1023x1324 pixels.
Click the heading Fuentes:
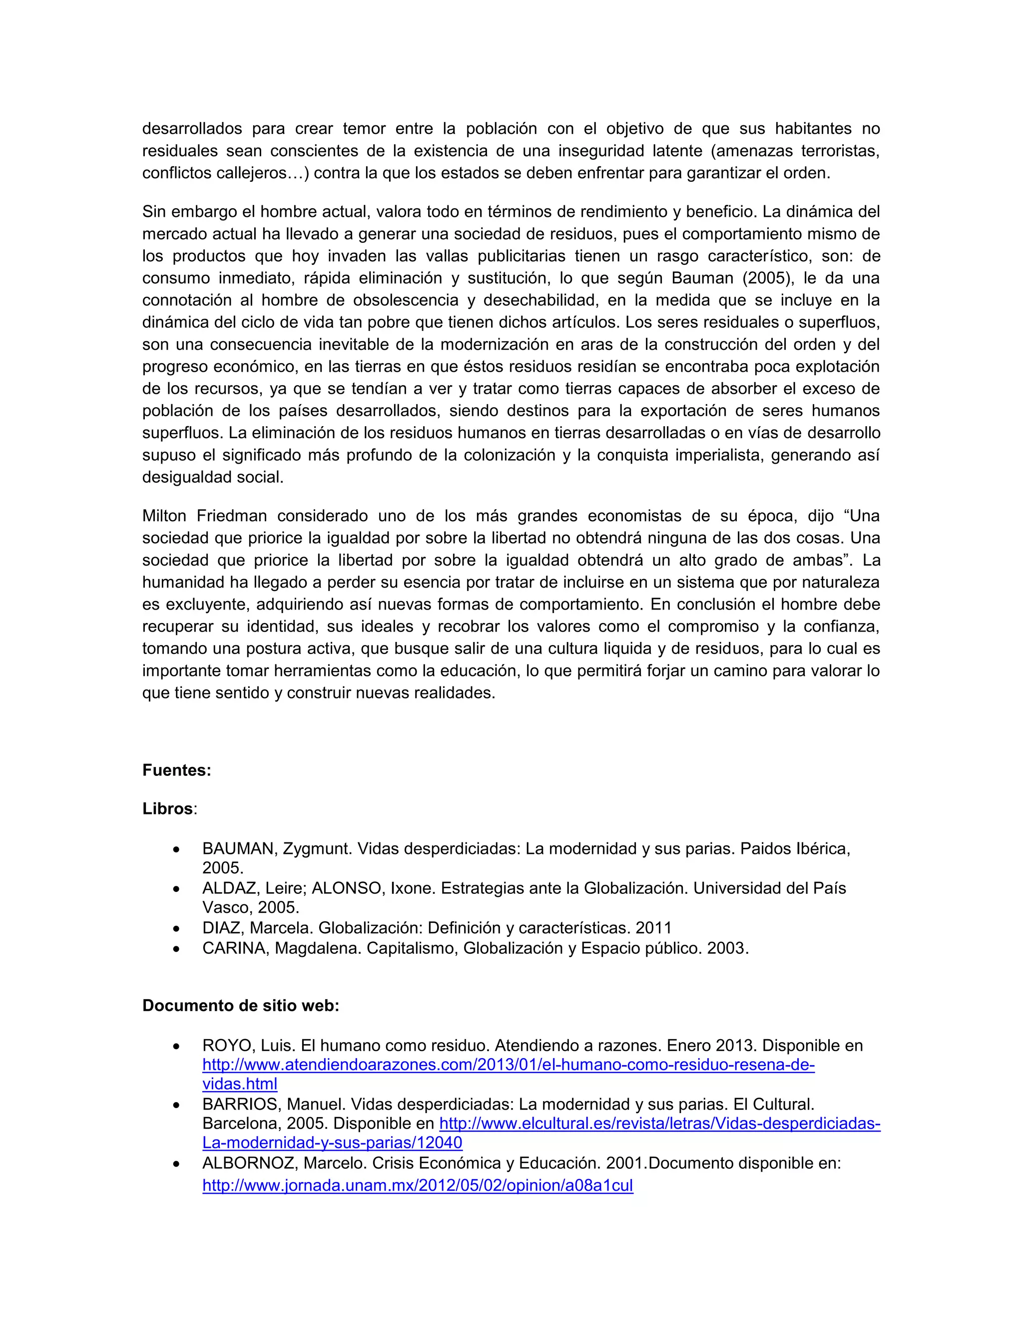[176, 770]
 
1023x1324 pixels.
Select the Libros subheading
[168, 809]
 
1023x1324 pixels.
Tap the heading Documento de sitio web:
[241, 1006]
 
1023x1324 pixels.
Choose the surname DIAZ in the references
[221, 928]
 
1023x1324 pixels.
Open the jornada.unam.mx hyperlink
[418, 1186]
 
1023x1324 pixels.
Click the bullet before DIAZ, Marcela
[176, 929]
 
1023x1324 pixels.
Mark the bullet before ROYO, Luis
[176, 1046]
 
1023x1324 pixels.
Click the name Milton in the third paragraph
[164, 516]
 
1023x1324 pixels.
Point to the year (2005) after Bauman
[768, 278]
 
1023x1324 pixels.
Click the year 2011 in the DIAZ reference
[654, 928]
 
